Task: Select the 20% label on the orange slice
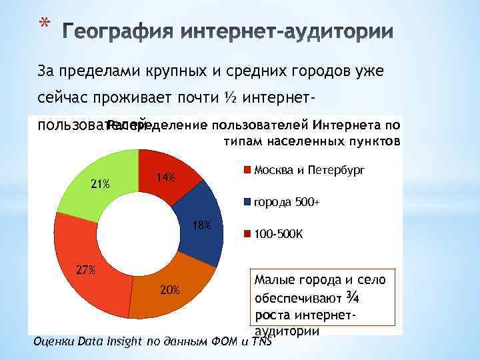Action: [x=169, y=289]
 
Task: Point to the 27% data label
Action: [x=85, y=270]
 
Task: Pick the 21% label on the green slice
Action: [x=101, y=184]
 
